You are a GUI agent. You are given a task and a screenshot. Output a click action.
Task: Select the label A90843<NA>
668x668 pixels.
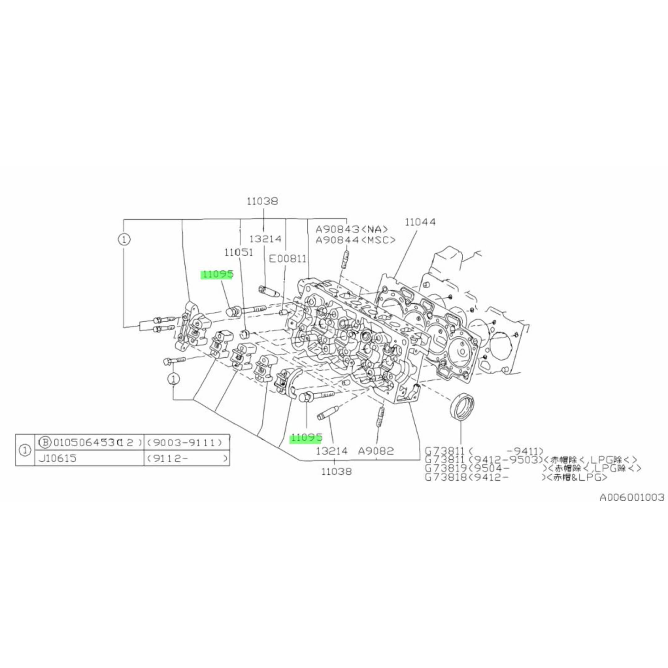tap(352, 229)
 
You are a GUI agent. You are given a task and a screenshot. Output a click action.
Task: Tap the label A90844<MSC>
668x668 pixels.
tap(355, 240)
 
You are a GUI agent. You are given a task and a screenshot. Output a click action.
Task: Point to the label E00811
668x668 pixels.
tap(288, 259)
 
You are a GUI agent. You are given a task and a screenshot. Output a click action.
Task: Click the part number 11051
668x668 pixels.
tap(238, 252)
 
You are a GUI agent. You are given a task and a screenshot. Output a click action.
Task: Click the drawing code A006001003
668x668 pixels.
tap(631, 498)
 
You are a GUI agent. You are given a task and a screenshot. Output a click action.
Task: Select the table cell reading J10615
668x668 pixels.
tap(58, 458)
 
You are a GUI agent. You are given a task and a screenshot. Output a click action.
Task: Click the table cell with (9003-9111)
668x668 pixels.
tap(186, 443)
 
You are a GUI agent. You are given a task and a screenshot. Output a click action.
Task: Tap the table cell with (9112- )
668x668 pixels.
tap(186, 458)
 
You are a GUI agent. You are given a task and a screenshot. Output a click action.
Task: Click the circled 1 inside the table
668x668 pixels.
tap(24, 451)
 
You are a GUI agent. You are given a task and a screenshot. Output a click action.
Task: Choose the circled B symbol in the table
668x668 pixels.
tap(44, 442)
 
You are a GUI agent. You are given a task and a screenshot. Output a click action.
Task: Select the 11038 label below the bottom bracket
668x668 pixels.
tap(336, 471)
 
